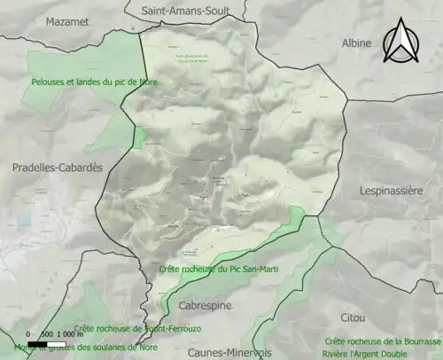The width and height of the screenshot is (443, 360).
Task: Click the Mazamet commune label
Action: [66, 21]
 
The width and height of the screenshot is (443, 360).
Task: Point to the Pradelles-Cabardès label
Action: [58, 167]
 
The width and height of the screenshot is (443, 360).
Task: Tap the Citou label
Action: [353, 317]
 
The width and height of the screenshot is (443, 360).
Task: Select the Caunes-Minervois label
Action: [218, 352]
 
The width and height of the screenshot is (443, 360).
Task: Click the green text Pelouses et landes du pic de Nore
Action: [87, 82]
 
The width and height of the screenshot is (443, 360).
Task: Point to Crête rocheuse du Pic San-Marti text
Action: [219, 268]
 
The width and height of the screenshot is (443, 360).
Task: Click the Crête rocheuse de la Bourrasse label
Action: [383, 340]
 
